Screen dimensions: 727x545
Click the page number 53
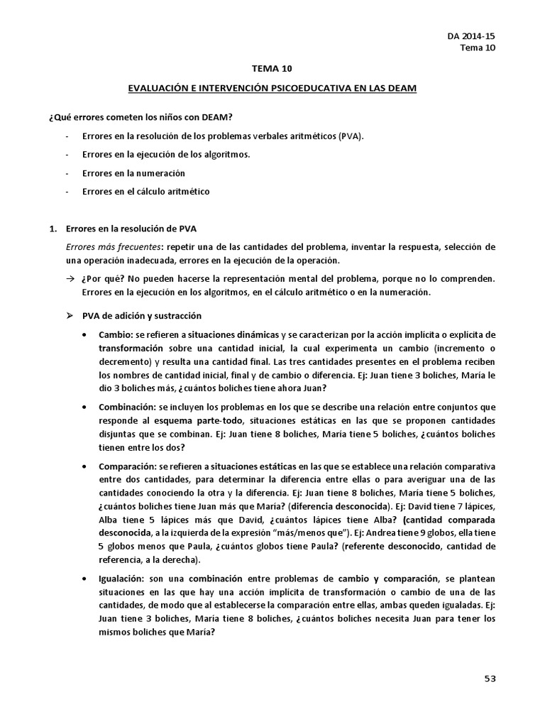[x=490, y=678]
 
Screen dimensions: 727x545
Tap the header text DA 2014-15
[x=471, y=35]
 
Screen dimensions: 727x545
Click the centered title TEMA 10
[x=272, y=69]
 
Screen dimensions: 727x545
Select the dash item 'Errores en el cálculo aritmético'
[x=145, y=191]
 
